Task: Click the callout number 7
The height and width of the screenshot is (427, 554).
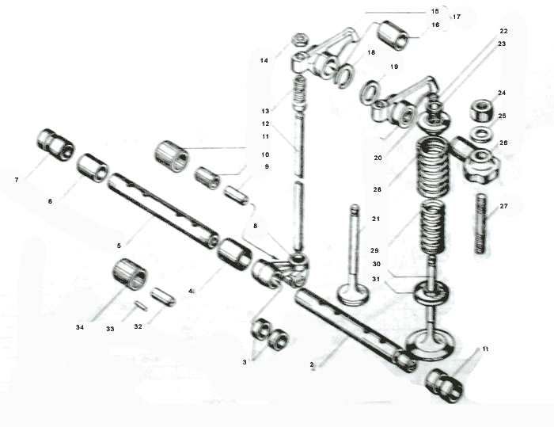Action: (17, 180)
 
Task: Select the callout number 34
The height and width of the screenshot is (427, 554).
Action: (80, 327)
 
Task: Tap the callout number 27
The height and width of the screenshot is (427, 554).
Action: (503, 206)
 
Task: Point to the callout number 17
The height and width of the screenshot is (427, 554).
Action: (457, 17)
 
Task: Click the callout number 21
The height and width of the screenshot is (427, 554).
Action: (376, 219)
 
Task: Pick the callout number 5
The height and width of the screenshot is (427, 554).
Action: (119, 246)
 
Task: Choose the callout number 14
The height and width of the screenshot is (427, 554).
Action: (264, 60)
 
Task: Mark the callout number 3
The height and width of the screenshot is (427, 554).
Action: (245, 362)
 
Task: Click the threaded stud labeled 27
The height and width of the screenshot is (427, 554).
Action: (480, 223)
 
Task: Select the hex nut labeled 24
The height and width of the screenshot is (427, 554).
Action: (481, 109)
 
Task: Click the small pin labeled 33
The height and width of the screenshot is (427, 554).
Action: (141, 305)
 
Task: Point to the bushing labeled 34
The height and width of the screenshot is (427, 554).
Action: (130, 275)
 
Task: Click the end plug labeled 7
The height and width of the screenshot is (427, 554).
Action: (55, 145)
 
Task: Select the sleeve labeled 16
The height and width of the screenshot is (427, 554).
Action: (393, 36)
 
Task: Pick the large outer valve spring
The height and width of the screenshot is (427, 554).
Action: (433, 168)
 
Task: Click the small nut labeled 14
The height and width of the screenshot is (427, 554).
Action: (301, 39)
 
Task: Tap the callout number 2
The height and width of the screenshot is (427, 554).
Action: (312, 364)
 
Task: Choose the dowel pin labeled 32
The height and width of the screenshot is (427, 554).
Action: (163, 296)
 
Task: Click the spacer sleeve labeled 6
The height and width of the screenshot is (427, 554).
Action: (93, 168)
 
